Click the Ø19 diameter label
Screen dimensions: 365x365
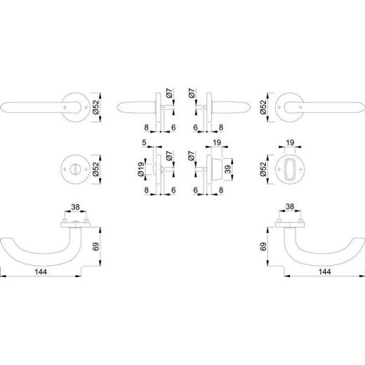click(141, 168)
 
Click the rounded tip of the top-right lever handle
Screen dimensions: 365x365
click(357, 106)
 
